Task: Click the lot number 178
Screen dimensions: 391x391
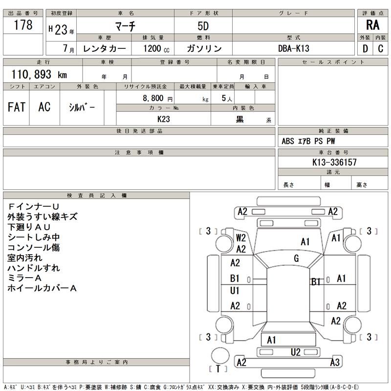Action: pos(23,25)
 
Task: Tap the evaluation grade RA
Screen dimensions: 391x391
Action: pos(372,25)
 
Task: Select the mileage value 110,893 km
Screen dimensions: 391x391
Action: pos(39,74)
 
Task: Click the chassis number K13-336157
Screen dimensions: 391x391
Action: pos(334,162)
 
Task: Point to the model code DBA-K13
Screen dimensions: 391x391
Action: pos(294,48)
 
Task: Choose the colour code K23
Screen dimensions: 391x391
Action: pos(164,119)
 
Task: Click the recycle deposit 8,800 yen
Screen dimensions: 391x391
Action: pos(157,98)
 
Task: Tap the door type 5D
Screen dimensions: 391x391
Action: pos(203,26)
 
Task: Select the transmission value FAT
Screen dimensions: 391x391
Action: pos(17,107)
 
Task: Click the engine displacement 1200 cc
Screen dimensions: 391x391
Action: pos(156,48)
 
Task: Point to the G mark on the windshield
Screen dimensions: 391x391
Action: pos(296,259)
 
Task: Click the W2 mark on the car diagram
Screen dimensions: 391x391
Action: pos(241,238)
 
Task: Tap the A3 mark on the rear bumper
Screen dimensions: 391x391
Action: pos(335,362)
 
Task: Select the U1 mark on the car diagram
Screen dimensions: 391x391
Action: pos(235,290)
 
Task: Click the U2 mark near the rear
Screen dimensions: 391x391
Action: pos(296,352)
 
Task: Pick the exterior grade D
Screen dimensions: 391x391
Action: pos(365,48)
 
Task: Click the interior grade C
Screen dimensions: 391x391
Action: pos(381,48)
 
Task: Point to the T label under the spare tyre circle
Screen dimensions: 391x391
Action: pos(218,369)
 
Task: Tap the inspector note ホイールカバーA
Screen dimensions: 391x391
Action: pos(42,288)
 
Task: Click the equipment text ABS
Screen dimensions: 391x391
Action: pos(288,141)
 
